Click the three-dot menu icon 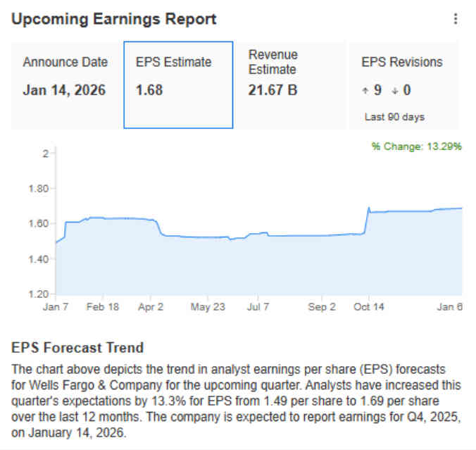[x=456, y=19]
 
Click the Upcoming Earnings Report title [x=114, y=19]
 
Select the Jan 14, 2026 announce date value [x=64, y=90]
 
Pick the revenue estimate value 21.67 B [x=273, y=90]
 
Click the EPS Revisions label [x=402, y=62]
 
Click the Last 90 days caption [x=394, y=117]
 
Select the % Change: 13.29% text [x=416, y=146]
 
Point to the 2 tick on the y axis [x=44, y=154]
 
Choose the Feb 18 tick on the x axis [x=104, y=307]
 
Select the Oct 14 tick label [x=368, y=307]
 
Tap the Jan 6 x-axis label [x=449, y=307]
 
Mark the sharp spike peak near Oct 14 [x=368, y=208]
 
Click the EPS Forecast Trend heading [x=77, y=348]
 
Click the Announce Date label [x=65, y=62]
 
